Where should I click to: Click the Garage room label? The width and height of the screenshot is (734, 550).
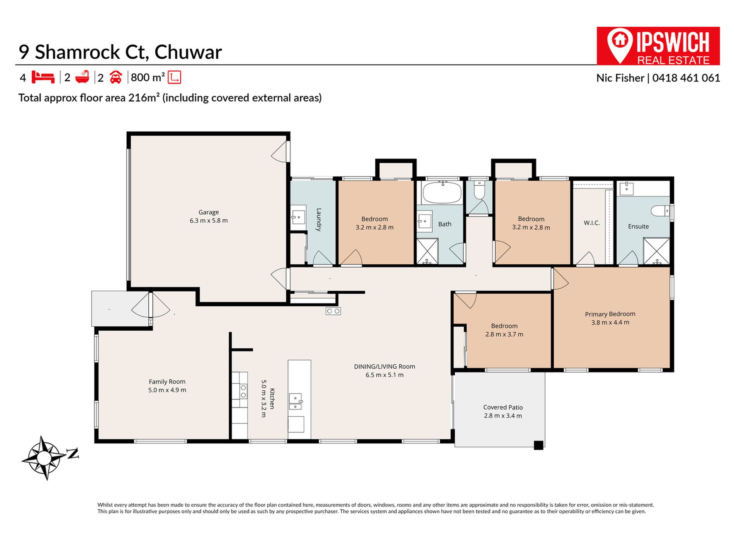tap(209, 212)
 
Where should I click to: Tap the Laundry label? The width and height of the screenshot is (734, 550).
tap(319, 220)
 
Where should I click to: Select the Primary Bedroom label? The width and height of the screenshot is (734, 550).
tap(610, 314)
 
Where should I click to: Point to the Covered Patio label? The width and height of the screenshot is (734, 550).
tap(503, 407)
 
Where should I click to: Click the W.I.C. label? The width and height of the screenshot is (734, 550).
tap(591, 223)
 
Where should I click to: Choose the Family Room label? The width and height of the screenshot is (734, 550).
tap(167, 382)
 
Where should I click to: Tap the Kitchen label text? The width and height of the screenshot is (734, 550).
tap(272, 399)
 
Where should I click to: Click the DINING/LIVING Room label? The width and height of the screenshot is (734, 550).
tap(384, 367)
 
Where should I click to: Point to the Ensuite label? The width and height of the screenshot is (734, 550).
tap(638, 227)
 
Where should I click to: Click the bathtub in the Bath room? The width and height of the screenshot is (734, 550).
tap(442, 192)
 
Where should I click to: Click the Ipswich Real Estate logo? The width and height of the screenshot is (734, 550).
tap(658, 46)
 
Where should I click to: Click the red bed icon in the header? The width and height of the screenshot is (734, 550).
tap(42, 77)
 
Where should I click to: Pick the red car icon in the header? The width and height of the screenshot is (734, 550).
tap(116, 77)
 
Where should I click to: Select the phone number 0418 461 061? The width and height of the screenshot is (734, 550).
tap(686, 78)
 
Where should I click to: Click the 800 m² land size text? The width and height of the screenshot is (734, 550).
tap(148, 78)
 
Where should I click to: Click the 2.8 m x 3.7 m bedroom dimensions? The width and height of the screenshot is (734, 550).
tap(504, 334)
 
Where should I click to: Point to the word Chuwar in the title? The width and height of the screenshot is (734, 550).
tap(188, 52)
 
